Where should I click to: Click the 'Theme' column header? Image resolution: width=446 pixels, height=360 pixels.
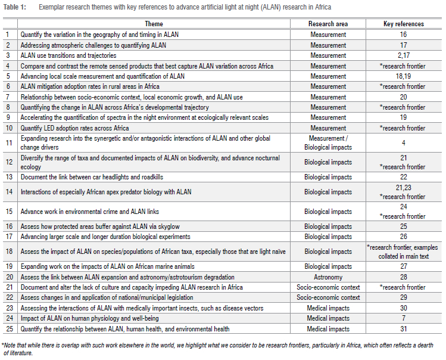154,24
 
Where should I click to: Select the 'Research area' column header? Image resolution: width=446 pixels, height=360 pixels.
328,24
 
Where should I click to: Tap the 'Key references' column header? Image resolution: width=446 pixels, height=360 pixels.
403,24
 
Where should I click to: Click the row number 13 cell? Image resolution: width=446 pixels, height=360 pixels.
9,177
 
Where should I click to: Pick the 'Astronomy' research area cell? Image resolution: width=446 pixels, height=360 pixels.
328,277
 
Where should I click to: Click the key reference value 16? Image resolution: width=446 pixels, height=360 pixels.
403,35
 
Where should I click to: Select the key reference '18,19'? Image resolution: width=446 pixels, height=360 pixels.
403,76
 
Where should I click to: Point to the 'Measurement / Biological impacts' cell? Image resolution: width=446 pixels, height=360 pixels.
328,142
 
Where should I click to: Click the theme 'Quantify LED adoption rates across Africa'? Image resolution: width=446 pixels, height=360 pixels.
74,128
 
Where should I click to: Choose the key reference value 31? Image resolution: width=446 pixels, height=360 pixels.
403,329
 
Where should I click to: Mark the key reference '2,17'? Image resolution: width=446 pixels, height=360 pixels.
403,55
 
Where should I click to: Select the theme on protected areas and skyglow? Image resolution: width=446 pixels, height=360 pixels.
95,226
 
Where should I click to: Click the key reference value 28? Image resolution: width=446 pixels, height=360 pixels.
403,277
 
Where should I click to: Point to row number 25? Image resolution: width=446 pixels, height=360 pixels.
9,329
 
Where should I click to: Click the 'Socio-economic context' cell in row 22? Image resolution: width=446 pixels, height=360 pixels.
328,298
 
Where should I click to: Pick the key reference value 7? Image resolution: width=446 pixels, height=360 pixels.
403,319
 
